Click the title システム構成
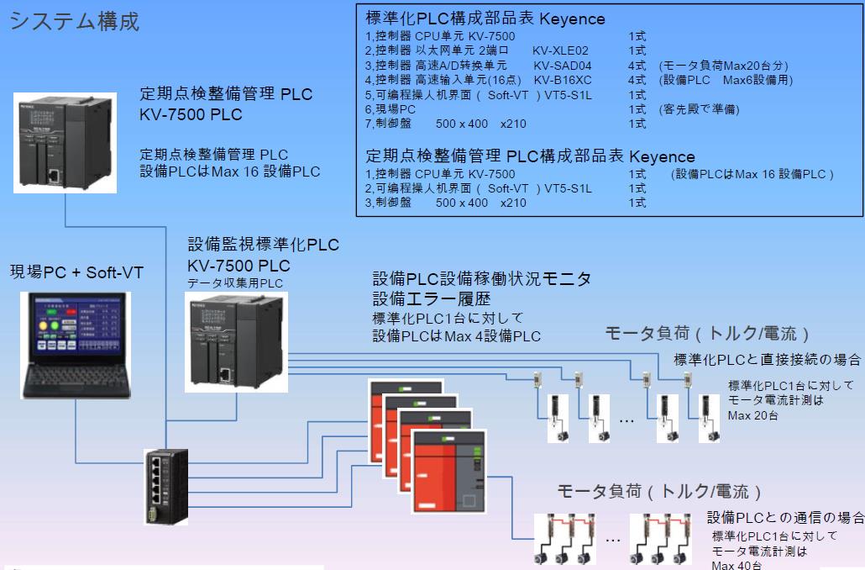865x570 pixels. [74, 21]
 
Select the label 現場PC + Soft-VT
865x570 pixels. [76, 272]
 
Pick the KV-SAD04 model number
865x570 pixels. [563, 66]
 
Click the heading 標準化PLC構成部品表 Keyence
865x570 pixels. [485, 19]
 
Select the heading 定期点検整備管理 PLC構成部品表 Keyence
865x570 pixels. [531, 156]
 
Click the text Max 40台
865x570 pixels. [737, 566]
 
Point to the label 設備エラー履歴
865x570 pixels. [432, 298]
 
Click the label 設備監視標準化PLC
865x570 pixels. [264, 245]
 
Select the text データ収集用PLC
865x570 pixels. [236, 283]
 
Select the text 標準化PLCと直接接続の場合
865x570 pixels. [768, 360]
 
